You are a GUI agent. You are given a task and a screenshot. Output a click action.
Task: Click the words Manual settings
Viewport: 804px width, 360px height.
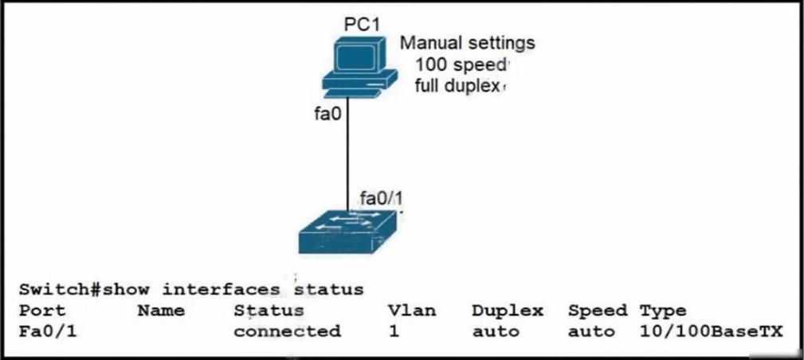[467, 44]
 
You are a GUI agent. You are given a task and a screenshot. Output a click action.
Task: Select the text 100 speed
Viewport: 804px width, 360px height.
[460, 65]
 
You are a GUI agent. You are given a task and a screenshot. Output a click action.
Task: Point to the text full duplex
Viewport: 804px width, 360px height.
[457, 86]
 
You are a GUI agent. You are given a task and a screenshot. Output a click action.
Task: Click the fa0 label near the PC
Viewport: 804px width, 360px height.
[327, 114]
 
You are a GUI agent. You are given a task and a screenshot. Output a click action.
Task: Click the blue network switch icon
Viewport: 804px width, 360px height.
[347, 231]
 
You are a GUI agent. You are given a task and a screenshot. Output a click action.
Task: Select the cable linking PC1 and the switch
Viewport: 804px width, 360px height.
[347, 154]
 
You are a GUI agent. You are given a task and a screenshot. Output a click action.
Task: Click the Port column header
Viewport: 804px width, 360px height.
[41, 311]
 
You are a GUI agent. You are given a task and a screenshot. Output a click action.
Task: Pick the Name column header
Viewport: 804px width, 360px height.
[161, 311]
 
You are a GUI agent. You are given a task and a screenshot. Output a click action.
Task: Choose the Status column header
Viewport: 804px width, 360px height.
[269, 311]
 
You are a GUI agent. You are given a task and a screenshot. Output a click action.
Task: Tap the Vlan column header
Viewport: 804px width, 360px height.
[412, 311]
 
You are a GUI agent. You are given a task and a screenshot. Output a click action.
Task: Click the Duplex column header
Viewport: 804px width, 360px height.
[507, 311]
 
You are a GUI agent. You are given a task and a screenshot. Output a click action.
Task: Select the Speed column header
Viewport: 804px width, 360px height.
[598, 311]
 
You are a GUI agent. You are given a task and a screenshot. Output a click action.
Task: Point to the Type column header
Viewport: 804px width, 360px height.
[662, 311]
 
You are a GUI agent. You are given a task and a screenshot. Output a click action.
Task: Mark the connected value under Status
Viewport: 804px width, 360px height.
[287, 331]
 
